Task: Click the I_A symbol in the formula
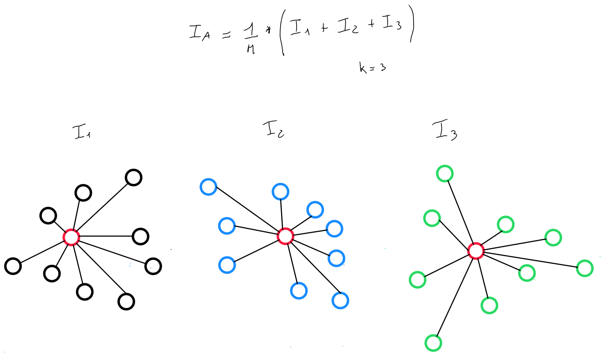pos(199,32)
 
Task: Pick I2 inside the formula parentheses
pos(347,26)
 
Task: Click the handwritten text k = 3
pos(372,67)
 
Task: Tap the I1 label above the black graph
pos(82,132)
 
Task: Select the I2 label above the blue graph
pos(274,130)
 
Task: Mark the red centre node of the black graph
pos(71,237)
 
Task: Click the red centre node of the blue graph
pos(285,236)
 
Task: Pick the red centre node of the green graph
pos(476,250)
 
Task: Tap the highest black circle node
pos(133,178)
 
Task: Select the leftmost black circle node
pos(13,266)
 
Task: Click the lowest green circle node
pos(433,343)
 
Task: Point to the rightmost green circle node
pos(585,268)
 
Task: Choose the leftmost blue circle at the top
pos(208,187)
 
